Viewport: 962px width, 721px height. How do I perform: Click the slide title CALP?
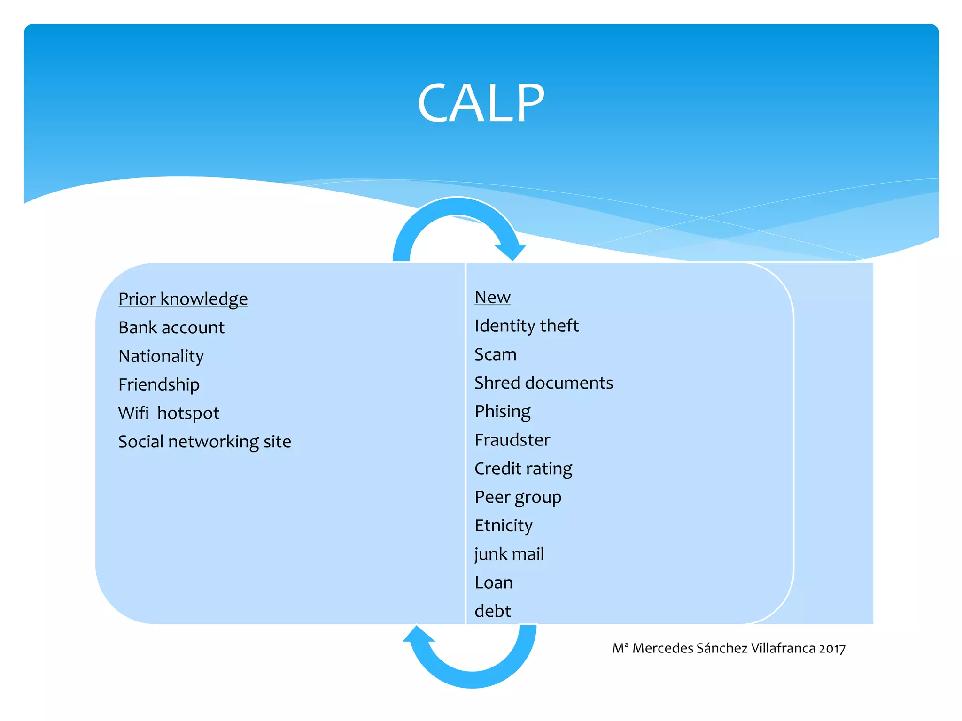(x=481, y=103)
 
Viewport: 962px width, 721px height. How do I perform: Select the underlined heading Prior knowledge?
(x=183, y=299)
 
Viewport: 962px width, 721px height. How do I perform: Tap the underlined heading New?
(x=492, y=297)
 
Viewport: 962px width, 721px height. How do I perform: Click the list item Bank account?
(x=171, y=328)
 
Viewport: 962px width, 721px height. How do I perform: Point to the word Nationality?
(x=161, y=356)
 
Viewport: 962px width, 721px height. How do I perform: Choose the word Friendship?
(x=159, y=385)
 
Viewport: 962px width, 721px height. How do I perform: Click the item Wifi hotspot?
(x=169, y=414)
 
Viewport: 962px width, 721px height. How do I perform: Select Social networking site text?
(x=204, y=442)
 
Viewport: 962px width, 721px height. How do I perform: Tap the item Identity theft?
(x=526, y=326)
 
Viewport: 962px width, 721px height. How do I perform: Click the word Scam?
(x=495, y=354)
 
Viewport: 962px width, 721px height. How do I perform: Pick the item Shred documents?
(x=543, y=383)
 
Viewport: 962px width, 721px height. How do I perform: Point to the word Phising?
(x=502, y=412)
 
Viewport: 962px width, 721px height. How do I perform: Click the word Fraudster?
(x=512, y=440)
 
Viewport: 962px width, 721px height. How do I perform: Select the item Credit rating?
(x=523, y=469)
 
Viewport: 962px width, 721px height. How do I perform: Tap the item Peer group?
(x=518, y=498)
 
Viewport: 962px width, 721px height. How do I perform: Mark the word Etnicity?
(x=503, y=526)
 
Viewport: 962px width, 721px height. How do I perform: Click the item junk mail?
(x=509, y=554)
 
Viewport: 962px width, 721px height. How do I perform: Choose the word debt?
(x=492, y=611)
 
